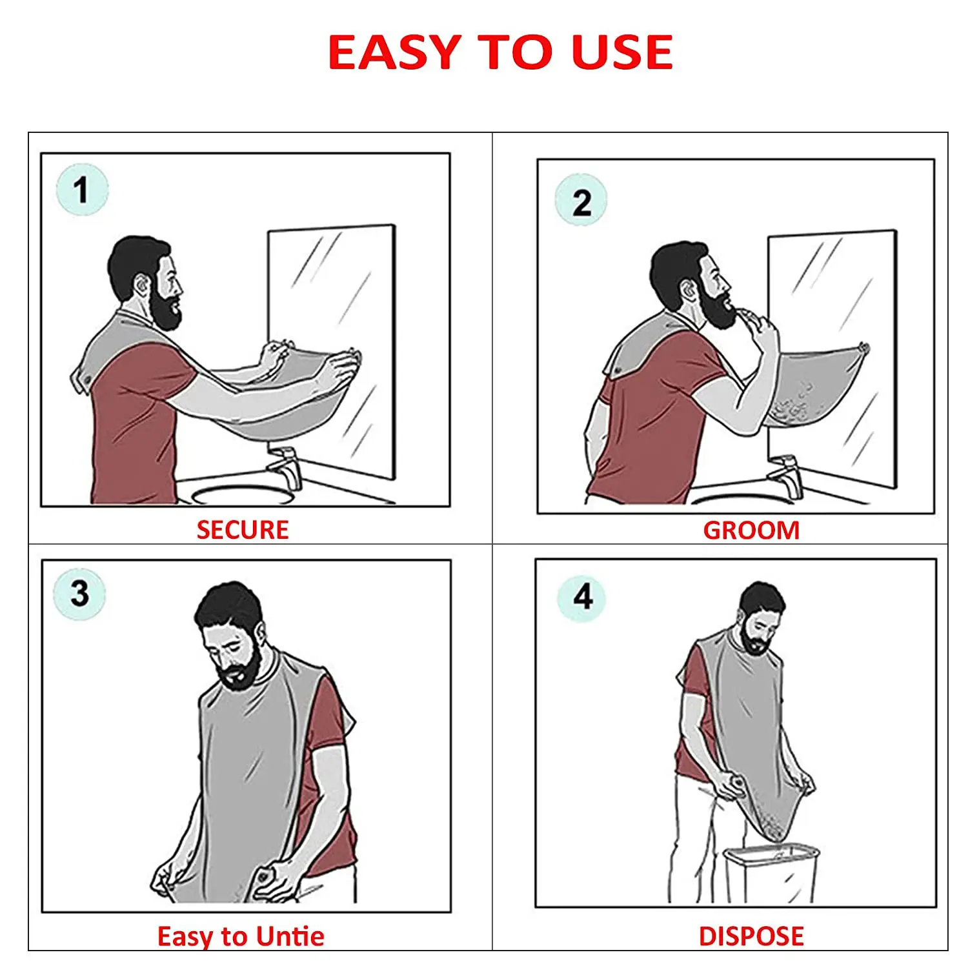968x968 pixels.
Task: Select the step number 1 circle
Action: [x=82, y=190]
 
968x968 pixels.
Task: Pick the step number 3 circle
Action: [x=79, y=593]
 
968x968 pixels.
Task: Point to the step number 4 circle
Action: [x=582, y=597]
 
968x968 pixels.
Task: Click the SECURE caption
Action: [x=243, y=530]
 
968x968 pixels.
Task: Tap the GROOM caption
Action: [x=751, y=530]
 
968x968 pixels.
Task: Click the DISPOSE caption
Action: [x=751, y=936]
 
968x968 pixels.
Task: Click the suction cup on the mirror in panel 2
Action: [x=863, y=349]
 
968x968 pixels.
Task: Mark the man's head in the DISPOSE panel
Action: [x=761, y=613]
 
